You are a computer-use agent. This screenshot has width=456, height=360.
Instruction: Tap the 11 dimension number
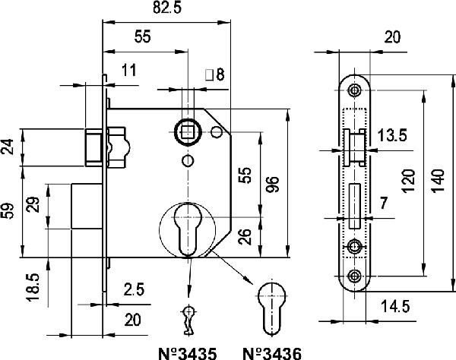[128, 71]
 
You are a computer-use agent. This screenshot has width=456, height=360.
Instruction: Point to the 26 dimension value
[244, 237]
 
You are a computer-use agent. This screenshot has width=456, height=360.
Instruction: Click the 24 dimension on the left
[8, 147]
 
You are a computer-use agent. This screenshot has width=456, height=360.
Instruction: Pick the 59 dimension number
[8, 210]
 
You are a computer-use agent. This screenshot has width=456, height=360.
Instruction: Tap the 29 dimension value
[33, 206]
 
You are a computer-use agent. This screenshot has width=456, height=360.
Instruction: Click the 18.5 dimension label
[33, 289]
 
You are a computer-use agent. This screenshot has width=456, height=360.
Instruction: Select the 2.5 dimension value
[133, 290]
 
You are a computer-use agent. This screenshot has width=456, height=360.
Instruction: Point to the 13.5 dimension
[392, 136]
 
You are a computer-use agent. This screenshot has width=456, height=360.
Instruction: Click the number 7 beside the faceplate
[383, 202]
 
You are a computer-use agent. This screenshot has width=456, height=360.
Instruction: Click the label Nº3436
[271, 352]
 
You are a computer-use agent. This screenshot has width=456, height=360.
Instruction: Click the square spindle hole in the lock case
[187, 131]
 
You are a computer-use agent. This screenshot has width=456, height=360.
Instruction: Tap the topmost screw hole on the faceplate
[354, 90]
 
